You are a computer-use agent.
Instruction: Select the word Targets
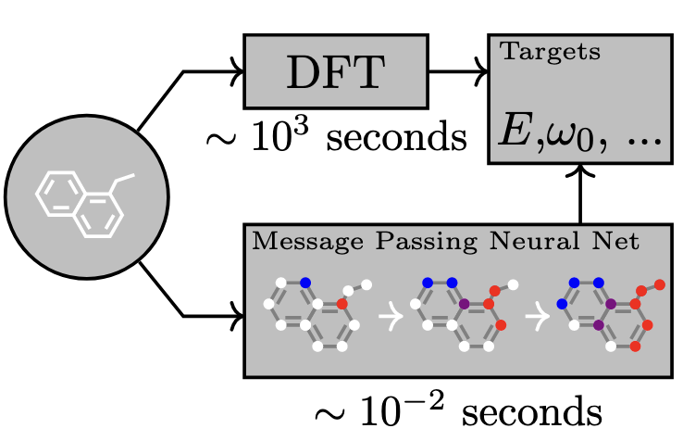(551, 52)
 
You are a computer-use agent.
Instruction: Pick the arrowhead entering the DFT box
(235, 71)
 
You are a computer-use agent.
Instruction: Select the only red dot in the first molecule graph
(341, 303)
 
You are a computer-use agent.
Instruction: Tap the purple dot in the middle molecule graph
(462, 303)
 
